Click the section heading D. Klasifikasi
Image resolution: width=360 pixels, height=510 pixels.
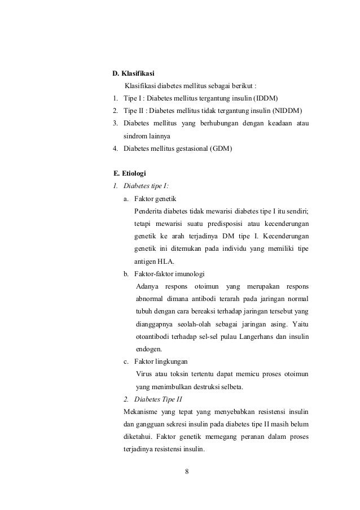coord(134,74)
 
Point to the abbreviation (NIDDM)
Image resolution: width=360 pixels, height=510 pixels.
coord(287,110)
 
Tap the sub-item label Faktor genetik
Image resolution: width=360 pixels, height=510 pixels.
coord(155,199)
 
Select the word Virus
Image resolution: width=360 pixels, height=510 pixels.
coord(145,374)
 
